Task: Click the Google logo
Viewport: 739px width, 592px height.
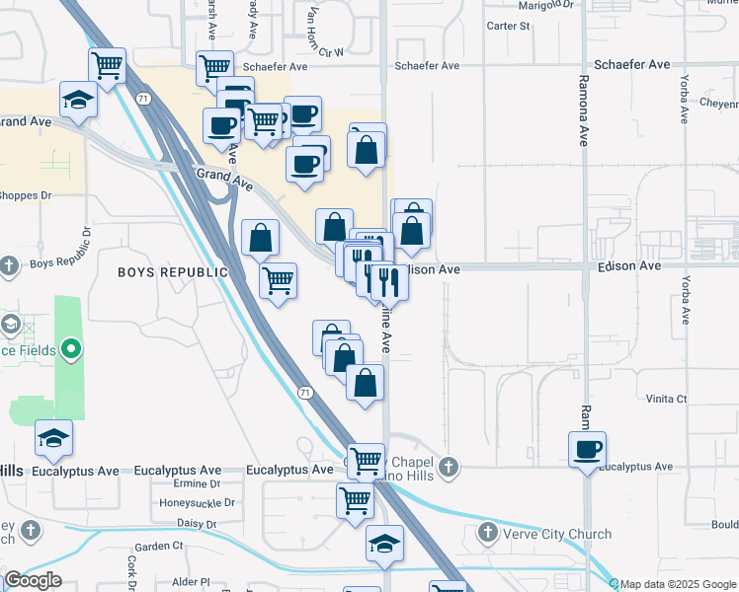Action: click(33, 579)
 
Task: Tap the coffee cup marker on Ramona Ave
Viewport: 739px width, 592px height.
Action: click(588, 450)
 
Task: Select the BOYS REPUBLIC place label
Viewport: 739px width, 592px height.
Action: click(173, 271)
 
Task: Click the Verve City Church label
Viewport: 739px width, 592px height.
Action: click(556, 534)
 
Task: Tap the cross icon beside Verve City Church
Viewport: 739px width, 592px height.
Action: click(487, 534)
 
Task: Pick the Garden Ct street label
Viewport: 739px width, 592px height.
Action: click(160, 546)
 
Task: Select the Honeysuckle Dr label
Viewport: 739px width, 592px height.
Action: click(197, 502)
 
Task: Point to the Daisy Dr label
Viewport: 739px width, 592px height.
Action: click(197, 522)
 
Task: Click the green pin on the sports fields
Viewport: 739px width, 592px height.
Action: click(70, 348)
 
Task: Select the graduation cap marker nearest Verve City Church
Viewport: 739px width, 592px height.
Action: click(384, 544)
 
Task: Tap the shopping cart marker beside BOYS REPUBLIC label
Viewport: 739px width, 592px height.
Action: click(279, 280)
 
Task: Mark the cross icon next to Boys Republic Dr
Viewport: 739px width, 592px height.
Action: click(10, 265)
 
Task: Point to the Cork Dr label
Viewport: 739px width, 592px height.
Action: click(131, 570)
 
